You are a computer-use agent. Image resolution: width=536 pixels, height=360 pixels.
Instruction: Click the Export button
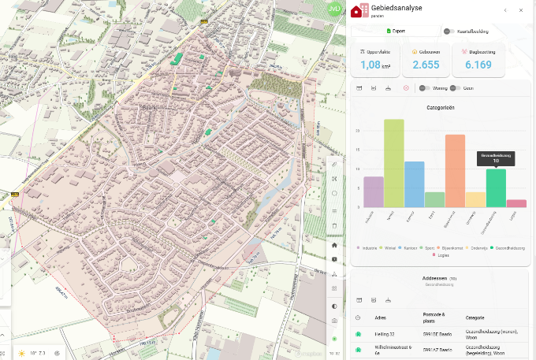point(396,32)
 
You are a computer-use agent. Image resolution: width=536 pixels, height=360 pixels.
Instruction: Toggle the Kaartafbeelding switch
point(449,32)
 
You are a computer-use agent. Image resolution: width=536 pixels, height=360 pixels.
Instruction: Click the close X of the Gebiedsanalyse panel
point(521,10)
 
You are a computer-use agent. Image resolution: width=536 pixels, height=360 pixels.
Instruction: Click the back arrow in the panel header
point(505,10)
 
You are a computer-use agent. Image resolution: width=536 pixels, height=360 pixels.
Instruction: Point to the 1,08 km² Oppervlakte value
point(375,65)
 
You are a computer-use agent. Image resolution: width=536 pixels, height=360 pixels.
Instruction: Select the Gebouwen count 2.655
point(426,65)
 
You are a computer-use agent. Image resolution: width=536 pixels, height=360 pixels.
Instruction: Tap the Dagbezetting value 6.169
point(478,65)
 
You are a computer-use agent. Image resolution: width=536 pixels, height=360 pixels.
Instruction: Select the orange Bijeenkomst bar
point(455,171)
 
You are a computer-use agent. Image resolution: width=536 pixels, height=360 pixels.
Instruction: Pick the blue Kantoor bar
point(415,184)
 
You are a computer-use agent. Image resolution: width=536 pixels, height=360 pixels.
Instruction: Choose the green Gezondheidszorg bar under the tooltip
point(496,188)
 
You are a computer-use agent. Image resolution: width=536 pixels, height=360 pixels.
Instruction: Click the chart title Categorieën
point(441,107)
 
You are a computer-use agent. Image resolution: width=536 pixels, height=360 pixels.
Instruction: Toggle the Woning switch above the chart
point(424,88)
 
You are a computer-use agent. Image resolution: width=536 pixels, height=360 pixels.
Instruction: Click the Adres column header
point(382,317)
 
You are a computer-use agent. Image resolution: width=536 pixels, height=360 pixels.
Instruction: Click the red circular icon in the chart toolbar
point(406,88)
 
